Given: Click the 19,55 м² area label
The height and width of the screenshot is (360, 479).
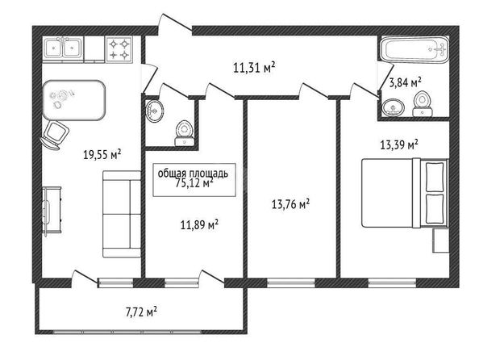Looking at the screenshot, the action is (102, 154).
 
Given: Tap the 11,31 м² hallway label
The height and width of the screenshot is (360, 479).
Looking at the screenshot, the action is (254, 67).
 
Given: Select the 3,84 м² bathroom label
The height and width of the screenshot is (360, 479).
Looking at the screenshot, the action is (406, 82).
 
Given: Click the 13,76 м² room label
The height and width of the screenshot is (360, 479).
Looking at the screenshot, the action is (290, 203).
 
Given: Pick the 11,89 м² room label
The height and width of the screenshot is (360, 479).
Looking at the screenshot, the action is (199, 225).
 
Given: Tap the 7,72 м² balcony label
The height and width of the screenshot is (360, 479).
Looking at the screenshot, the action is (141, 312).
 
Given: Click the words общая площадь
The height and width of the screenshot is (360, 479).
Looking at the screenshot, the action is (193, 173).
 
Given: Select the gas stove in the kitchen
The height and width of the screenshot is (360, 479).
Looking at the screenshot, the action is (119, 49).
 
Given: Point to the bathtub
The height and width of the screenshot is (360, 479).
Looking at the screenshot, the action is (414, 50).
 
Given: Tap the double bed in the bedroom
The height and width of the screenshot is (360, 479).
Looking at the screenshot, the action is (405, 193).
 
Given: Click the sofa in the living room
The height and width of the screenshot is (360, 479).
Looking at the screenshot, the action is (122, 214).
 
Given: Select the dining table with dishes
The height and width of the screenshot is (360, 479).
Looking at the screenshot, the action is (74, 100).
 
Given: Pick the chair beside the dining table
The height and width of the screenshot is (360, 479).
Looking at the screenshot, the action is (54, 135).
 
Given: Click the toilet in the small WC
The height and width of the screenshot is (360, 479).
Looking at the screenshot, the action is (184, 133).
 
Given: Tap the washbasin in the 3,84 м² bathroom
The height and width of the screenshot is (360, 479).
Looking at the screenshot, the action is (393, 107).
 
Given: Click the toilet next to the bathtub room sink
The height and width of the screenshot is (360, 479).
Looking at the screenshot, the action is (423, 103).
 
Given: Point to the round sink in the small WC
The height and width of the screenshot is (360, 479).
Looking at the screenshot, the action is (154, 111).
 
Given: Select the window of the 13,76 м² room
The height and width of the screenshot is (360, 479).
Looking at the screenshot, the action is (291, 283).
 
